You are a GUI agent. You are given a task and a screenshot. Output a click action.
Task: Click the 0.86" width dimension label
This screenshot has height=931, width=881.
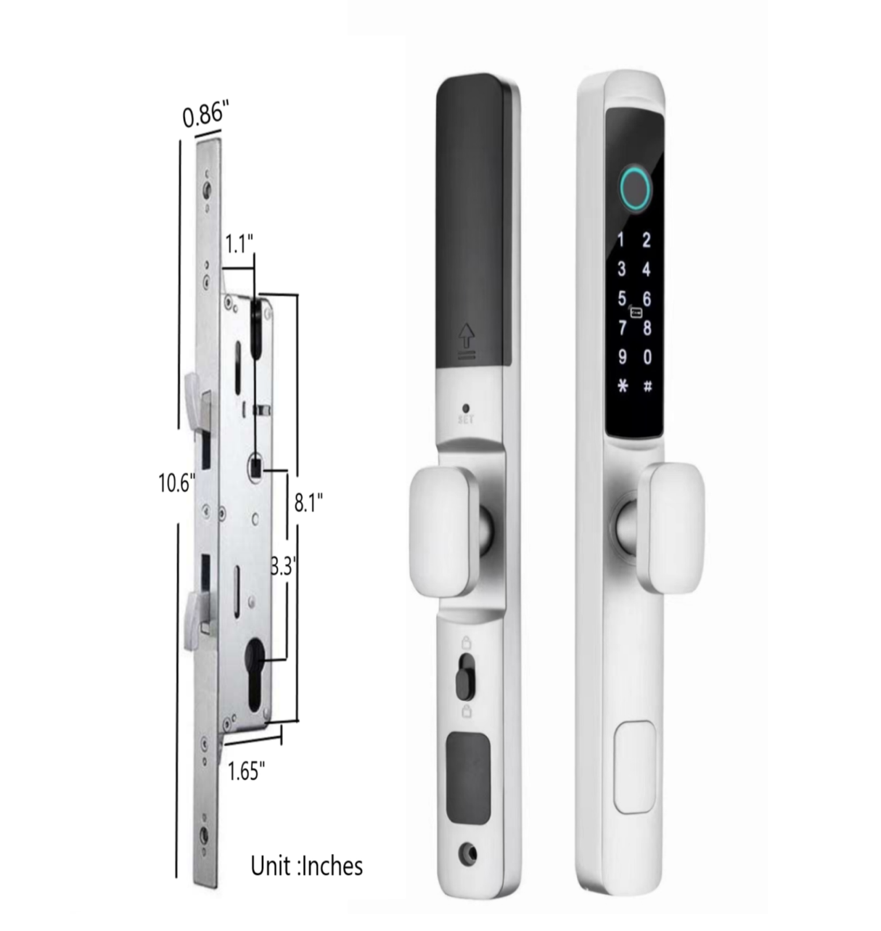(205, 115)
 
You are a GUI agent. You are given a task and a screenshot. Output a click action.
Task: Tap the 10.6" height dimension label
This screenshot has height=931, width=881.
(176, 483)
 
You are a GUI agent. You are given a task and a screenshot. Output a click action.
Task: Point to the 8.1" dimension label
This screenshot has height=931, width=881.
(308, 502)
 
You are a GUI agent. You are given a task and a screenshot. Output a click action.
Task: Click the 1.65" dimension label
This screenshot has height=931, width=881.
(246, 771)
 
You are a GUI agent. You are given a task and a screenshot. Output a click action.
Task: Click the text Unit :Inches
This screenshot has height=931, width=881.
(306, 865)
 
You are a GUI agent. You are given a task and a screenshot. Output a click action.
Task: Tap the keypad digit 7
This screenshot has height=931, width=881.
(623, 328)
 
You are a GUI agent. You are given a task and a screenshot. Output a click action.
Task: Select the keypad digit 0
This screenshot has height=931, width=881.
(647, 357)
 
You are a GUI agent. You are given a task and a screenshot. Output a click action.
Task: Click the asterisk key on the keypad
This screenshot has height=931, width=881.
(623, 385)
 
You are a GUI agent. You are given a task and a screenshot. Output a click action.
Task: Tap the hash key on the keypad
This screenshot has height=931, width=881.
(647, 385)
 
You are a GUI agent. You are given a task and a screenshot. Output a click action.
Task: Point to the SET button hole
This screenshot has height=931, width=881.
(466, 408)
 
